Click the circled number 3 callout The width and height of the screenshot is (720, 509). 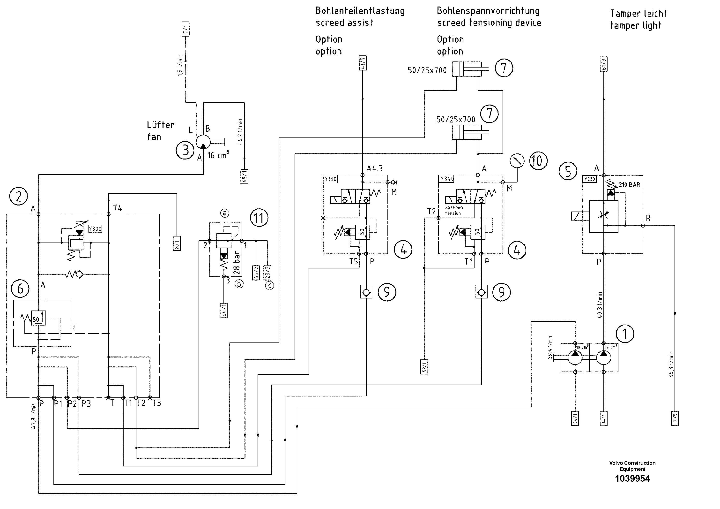[x=185, y=150]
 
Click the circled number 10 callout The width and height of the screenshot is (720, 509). [x=538, y=161]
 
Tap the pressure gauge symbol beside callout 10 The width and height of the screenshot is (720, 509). [x=517, y=161]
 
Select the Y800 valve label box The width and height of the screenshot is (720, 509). [x=95, y=228]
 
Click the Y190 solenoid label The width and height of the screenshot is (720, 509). [x=330, y=179]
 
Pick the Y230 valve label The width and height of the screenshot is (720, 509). [x=590, y=179]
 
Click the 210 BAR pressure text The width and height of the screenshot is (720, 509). [x=629, y=184]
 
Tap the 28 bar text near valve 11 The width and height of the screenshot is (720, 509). [x=237, y=262]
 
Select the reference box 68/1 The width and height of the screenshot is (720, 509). [x=244, y=177]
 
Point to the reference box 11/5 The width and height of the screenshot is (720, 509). [x=675, y=418]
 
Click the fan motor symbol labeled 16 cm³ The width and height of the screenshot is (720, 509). [x=203, y=143]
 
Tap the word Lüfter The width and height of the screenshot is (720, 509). [x=161, y=125]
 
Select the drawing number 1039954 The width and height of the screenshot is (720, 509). [x=632, y=479]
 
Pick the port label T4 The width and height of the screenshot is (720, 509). [x=118, y=208]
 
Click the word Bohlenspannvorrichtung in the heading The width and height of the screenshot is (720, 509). [x=488, y=11]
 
